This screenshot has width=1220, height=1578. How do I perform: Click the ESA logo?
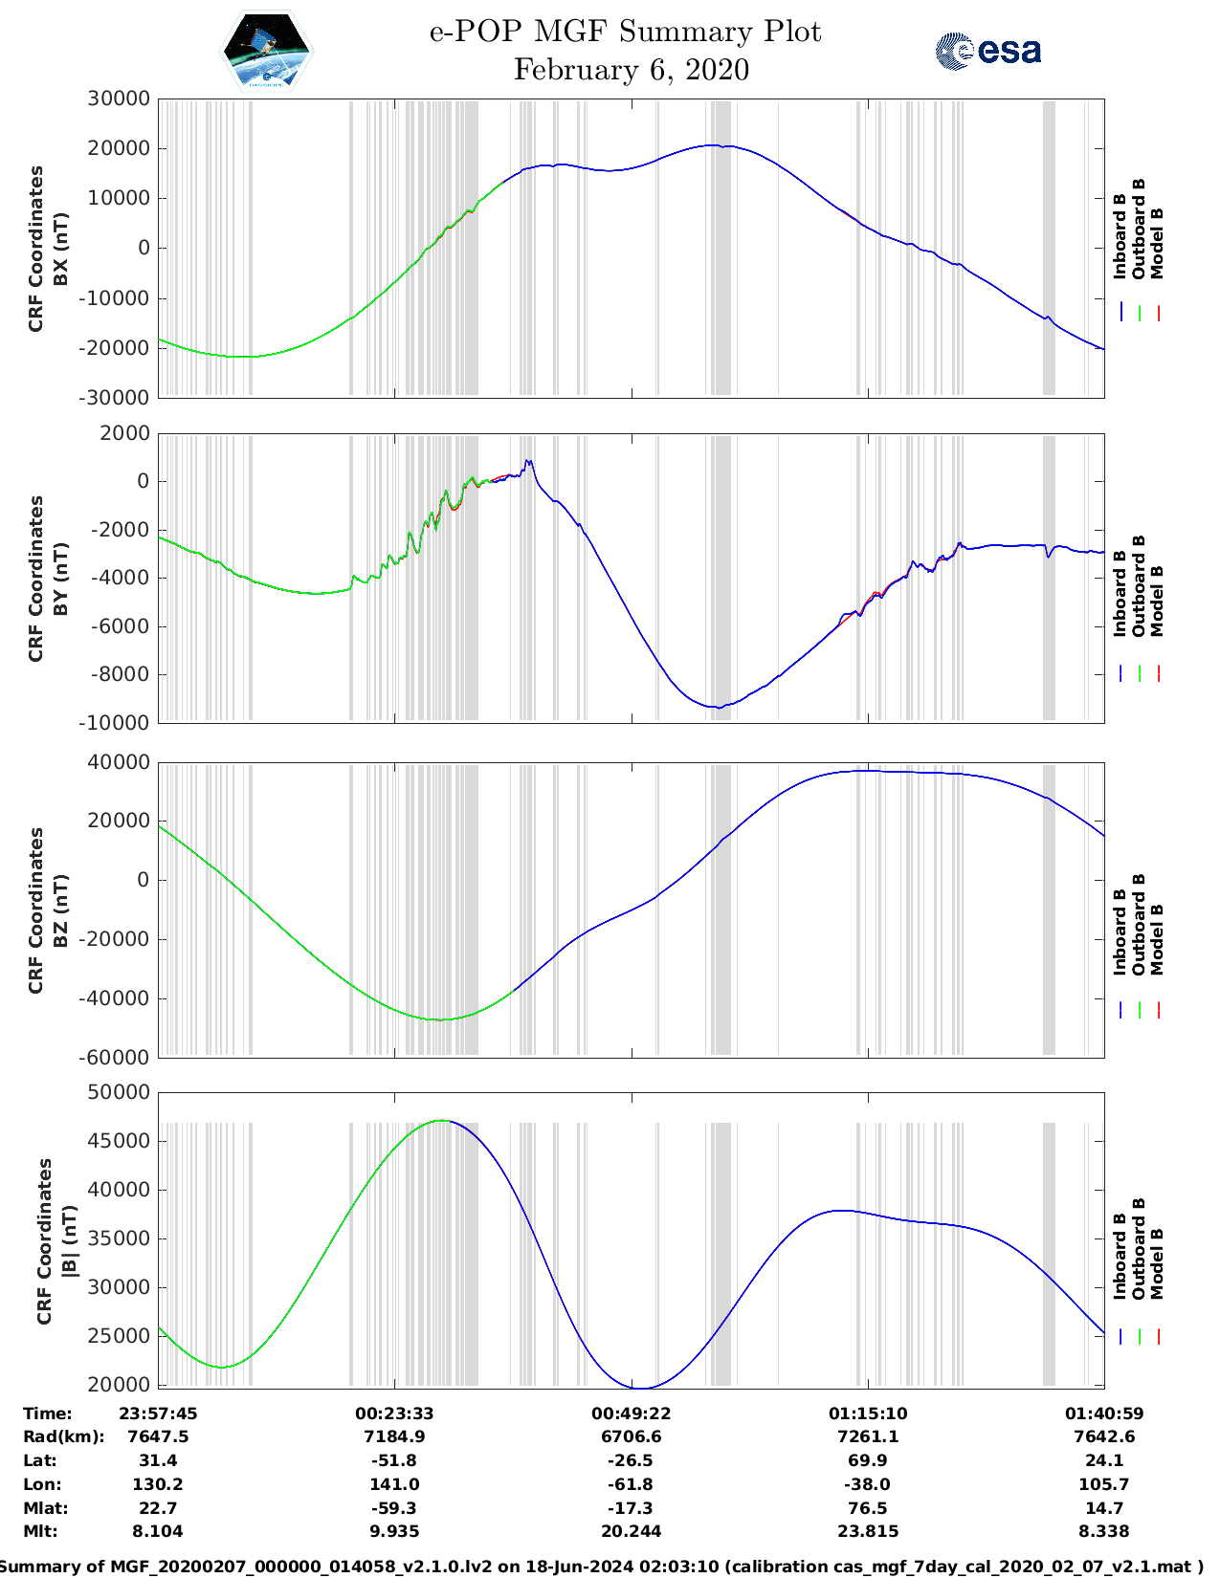coord(988,51)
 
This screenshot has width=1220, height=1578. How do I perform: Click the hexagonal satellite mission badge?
coord(266,51)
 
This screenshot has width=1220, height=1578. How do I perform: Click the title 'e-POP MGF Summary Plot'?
coord(625,32)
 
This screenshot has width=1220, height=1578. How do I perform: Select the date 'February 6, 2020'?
coord(632,70)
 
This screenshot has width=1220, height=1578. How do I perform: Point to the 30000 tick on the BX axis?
coord(119,99)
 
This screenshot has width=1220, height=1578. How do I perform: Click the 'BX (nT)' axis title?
coord(60,249)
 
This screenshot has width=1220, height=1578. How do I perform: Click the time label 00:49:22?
coord(631,1414)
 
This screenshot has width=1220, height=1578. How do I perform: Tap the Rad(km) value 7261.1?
coord(868,1436)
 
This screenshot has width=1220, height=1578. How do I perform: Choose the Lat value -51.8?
coord(394,1460)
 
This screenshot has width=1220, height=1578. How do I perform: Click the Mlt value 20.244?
coord(631,1531)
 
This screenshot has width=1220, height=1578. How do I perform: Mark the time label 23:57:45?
coord(158,1414)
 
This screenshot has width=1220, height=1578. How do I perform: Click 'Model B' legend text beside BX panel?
coord(1157,243)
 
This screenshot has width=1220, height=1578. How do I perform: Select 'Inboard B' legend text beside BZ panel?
coord(1120,932)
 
